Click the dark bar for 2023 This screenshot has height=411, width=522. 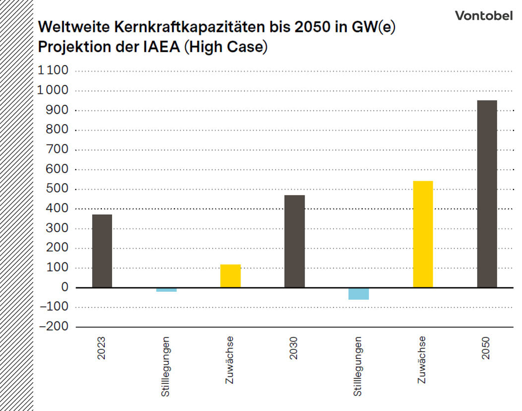tap(102, 251)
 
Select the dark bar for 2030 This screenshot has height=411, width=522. tap(294, 241)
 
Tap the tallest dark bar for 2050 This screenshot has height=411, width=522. tap(487, 194)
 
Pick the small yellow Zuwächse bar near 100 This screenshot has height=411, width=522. tap(230, 276)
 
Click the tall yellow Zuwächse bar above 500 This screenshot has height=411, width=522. tap(423, 234)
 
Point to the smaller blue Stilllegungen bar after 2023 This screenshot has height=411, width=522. tap(166, 290)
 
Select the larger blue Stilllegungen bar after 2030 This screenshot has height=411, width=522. tap(359, 294)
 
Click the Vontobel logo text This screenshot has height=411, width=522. tap(483, 16)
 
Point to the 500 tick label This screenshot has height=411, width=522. tap(58, 189)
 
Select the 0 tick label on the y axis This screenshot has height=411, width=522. tap(65, 287)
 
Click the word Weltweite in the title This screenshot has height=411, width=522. tap(69, 27)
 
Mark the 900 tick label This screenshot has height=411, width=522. tap(58, 110)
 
